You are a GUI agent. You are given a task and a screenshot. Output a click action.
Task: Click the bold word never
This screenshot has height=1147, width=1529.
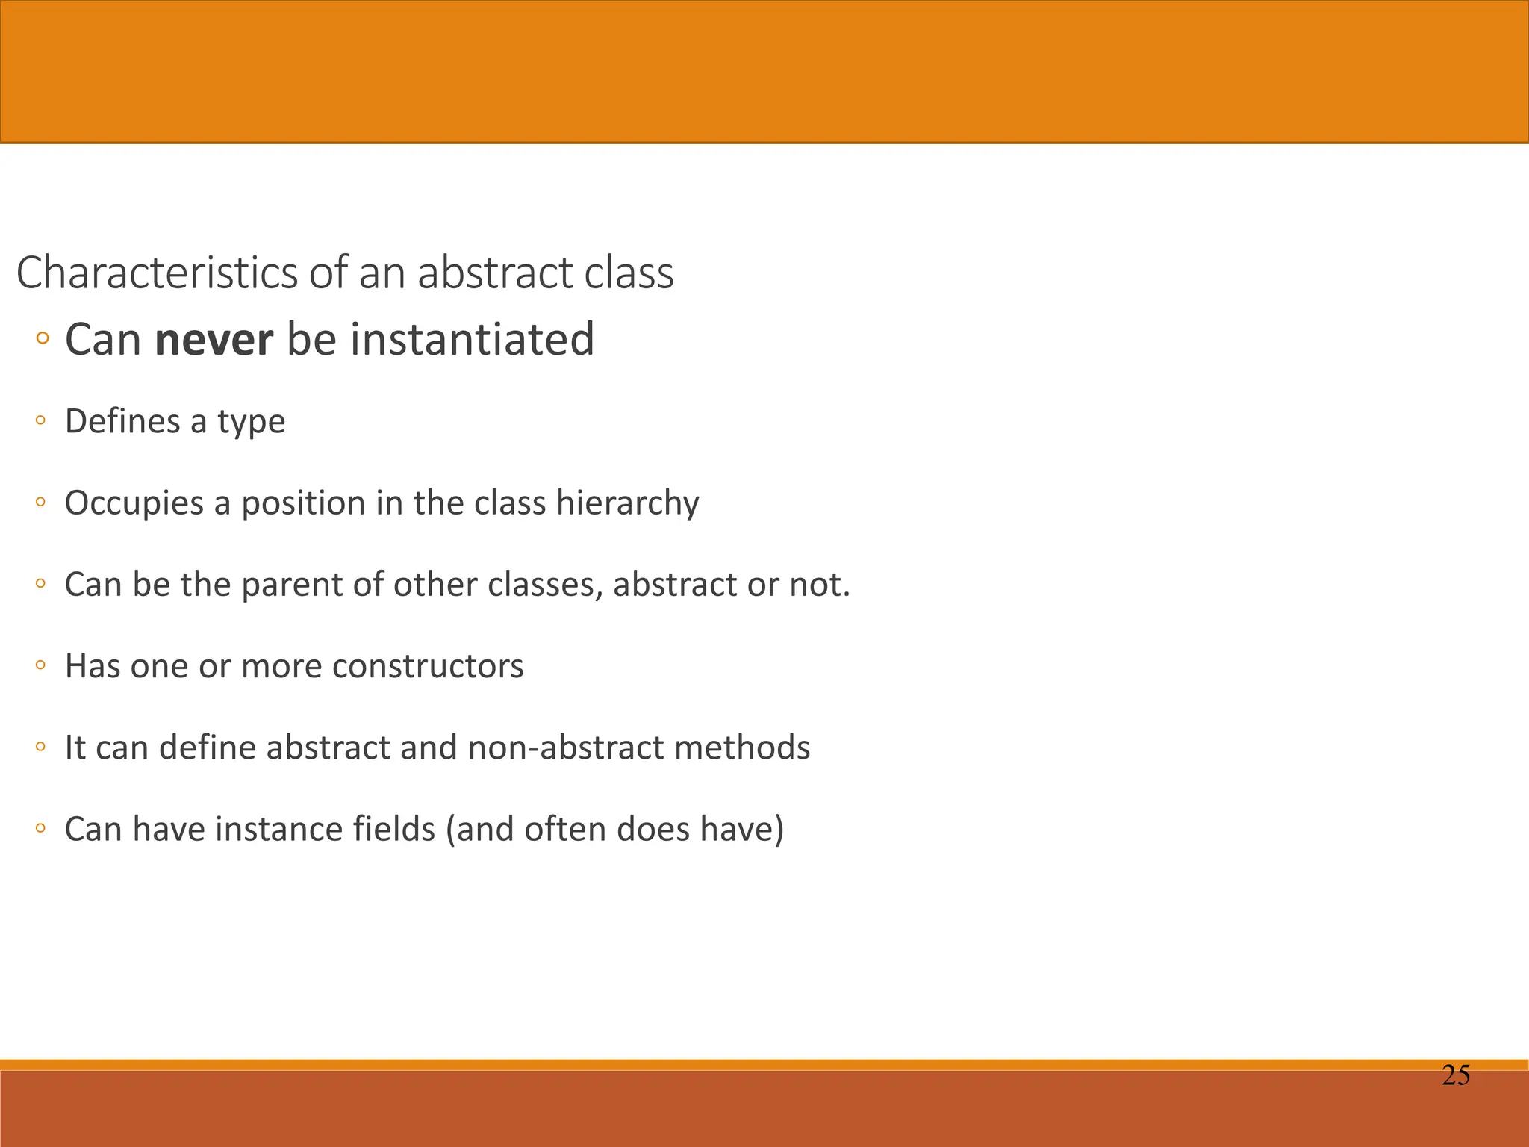point(214,340)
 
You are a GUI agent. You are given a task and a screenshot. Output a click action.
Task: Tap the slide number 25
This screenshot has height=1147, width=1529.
point(1455,1076)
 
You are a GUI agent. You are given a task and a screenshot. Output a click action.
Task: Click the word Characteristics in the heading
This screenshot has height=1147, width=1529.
point(157,273)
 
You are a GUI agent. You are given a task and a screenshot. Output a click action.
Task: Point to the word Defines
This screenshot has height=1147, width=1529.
point(122,421)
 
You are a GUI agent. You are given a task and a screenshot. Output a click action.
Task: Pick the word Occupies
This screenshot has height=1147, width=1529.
point(134,503)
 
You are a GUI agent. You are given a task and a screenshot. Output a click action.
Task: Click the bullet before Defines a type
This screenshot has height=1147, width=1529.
point(41,421)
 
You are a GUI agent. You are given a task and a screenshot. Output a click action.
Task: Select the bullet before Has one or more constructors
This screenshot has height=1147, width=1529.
point(41,665)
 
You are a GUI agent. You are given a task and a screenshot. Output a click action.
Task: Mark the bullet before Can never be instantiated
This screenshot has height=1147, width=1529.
point(42,340)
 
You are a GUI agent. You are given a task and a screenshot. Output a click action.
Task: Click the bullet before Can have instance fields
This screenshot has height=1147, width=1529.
point(41,828)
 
